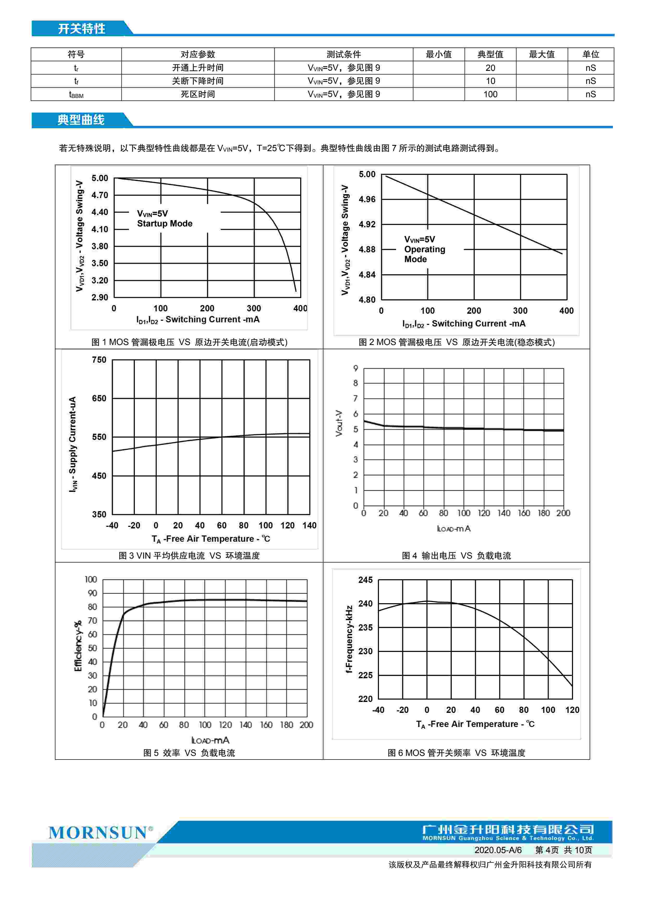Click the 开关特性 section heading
pos(82,29)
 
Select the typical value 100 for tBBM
pos(490,94)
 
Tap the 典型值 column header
pos(490,54)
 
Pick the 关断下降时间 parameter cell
pos(198,81)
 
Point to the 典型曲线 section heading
pos(81,120)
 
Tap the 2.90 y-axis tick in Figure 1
pos(100,298)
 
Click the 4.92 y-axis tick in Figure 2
pos(367,224)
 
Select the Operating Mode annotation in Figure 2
pos(424,249)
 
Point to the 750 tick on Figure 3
pos(99,360)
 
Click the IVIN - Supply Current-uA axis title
pos(73,444)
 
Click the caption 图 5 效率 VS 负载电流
pos(189,753)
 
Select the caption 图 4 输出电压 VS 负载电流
pos(456,556)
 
